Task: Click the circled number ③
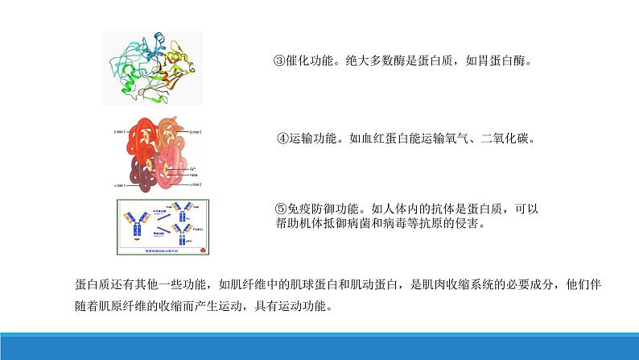(x=281, y=61)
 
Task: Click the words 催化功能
(x=312, y=61)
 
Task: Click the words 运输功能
(x=314, y=138)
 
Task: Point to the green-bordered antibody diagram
(x=164, y=227)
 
